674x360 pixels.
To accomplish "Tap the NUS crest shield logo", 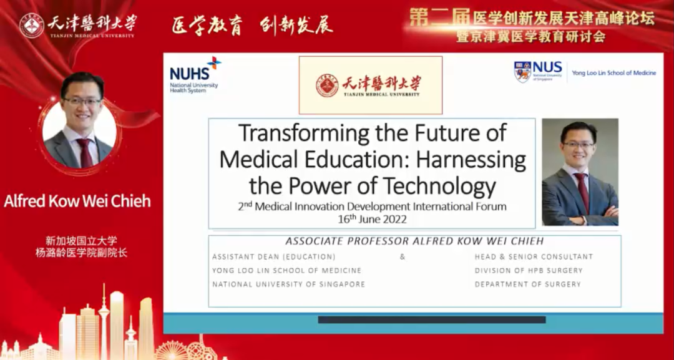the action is click(522, 71).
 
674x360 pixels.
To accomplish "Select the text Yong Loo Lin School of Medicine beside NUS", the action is click(614, 73).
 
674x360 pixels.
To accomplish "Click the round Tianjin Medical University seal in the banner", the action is click(31, 26).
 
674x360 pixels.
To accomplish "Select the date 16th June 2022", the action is click(372, 219).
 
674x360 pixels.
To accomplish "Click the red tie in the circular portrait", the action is click(85, 153).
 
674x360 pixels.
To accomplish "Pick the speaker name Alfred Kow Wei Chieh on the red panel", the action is click(77, 202).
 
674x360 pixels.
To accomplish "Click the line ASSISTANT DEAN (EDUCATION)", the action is click(274, 257).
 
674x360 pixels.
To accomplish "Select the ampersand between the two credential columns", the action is click(403, 257).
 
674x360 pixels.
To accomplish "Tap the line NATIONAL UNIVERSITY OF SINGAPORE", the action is click(288, 285).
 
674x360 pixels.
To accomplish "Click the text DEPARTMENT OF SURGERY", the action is click(528, 285).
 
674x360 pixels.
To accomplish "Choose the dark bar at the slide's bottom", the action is click(432, 319).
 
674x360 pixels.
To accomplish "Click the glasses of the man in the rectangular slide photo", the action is click(578, 145).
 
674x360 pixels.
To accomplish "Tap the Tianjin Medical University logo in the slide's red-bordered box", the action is click(371, 85).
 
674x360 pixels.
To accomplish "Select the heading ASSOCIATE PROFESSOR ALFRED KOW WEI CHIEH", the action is click(415, 241).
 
